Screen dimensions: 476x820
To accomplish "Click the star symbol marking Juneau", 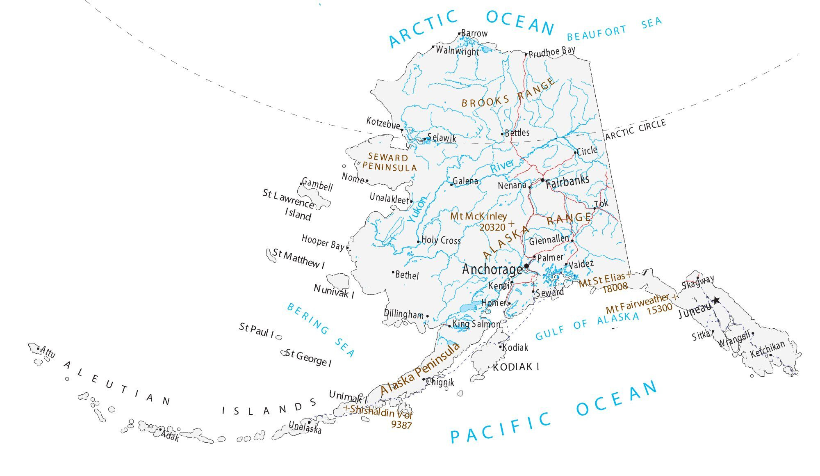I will click(716, 300).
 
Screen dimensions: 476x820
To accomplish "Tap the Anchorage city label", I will click(492, 270).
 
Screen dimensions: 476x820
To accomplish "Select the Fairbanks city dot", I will click(542, 180).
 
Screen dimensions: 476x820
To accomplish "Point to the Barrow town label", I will click(474, 33).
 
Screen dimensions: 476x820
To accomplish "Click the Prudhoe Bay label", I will click(551, 52).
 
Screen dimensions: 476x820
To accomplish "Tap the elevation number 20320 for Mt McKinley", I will click(492, 227).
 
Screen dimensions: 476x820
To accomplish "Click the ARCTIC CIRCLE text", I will click(635, 129).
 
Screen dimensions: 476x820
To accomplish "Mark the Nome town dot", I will click(367, 181).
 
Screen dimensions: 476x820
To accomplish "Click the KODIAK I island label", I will click(516, 366).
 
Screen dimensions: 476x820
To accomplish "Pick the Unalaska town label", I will click(305, 428).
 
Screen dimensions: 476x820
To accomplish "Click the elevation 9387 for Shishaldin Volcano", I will click(401, 425).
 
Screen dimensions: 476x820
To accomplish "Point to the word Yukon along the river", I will click(417, 209).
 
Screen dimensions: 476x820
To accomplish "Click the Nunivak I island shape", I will click(339, 281).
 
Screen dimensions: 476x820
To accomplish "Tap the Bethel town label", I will click(407, 275).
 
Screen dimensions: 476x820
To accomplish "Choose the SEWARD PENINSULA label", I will click(389, 162).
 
